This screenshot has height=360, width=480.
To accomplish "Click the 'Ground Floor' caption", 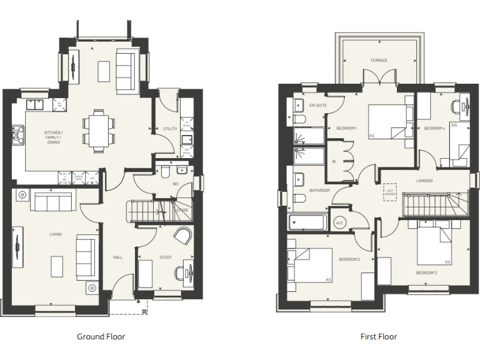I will click(101, 336).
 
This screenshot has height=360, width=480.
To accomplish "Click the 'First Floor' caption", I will click(378, 336).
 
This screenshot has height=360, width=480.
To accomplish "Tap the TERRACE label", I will click(379, 61).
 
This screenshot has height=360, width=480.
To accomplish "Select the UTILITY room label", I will click(170, 129).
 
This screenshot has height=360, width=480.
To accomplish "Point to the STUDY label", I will click(165, 257).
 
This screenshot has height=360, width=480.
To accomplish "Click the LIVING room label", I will click(56, 234).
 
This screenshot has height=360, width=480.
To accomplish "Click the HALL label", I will click(117, 257).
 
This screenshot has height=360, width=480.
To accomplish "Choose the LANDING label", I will click(425, 181).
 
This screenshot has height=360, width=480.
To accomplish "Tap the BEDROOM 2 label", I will click(349, 259).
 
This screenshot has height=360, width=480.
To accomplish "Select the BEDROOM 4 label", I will click(434, 128).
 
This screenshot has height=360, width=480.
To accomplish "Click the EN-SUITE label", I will click(317, 105).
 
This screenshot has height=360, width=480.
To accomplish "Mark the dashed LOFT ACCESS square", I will click(391, 192).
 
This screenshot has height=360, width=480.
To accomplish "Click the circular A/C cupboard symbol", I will click(340, 223).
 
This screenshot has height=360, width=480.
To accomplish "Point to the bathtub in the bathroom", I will click(307, 222).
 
